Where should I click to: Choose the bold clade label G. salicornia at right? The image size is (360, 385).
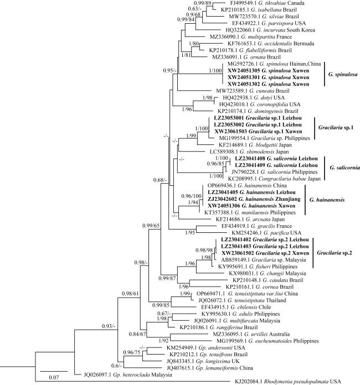[342, 165]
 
